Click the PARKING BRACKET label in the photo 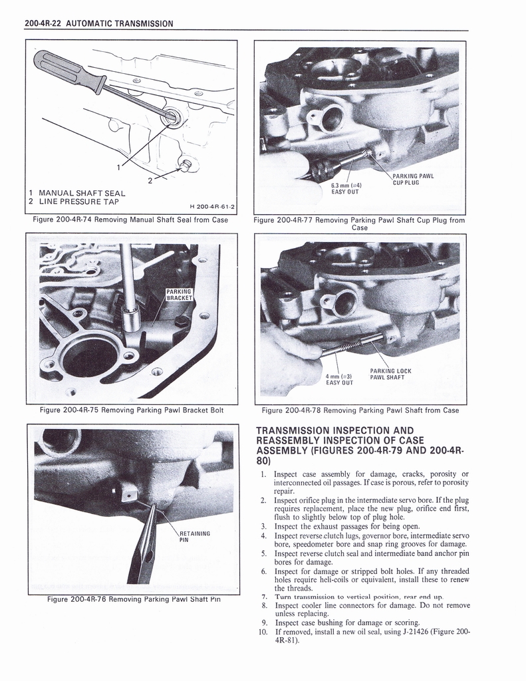click(x=178, y=295)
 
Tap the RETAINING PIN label click(x=195, y=536)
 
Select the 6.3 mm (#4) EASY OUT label click(x=344, y=189)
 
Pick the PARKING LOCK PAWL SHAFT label click(x=391, y=374)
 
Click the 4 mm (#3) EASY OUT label click(x=339, y=378)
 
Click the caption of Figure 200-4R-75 click(x=131, y=410)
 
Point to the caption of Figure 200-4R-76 click(x=134, y=599)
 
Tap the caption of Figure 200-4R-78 click(x=360, y=410)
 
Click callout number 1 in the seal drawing click(x=118, y=167)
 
